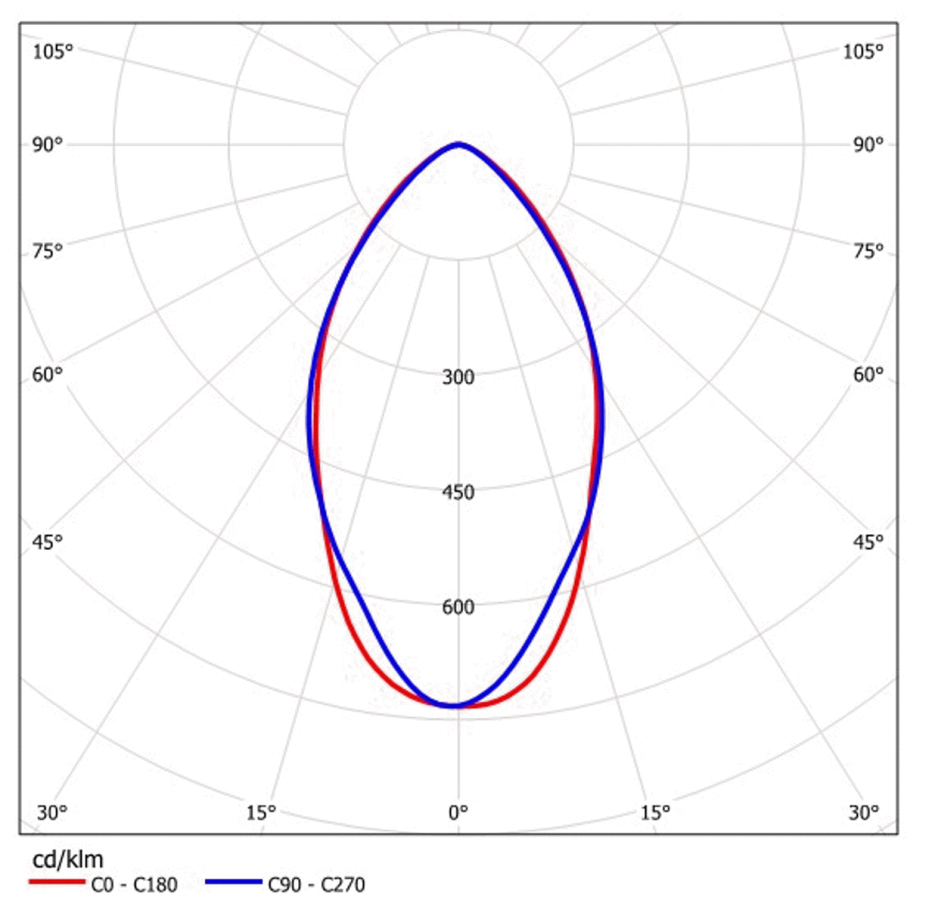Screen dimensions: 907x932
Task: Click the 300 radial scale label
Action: [458, 377]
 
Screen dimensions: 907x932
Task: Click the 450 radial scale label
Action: [458, 493]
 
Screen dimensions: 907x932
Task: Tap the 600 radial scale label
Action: [458, 607]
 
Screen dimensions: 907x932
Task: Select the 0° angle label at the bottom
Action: [458, 813]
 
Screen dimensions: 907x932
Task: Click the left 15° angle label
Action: [260, 813]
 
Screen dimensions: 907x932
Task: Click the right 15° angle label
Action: [655, 813]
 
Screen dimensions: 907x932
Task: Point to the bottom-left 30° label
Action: [52, 813]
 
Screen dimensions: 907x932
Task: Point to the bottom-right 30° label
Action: [863, 813]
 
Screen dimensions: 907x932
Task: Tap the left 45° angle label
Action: [47, 543]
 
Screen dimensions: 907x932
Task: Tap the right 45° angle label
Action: [868, 543]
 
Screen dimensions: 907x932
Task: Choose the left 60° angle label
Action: [47, 374]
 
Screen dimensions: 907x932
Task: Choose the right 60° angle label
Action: [868, 374]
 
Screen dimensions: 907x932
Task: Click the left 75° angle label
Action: [47, 251]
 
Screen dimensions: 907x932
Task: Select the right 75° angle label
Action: [868, 251]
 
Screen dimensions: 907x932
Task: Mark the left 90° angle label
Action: [47, 145]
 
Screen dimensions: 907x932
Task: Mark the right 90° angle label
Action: [868, 145]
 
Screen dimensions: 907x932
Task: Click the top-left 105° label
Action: [52, 52]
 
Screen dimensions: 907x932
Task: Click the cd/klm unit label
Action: [68, 860]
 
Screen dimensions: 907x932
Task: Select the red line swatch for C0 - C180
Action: [57, 882]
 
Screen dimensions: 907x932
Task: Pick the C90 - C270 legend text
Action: [316, 885]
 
